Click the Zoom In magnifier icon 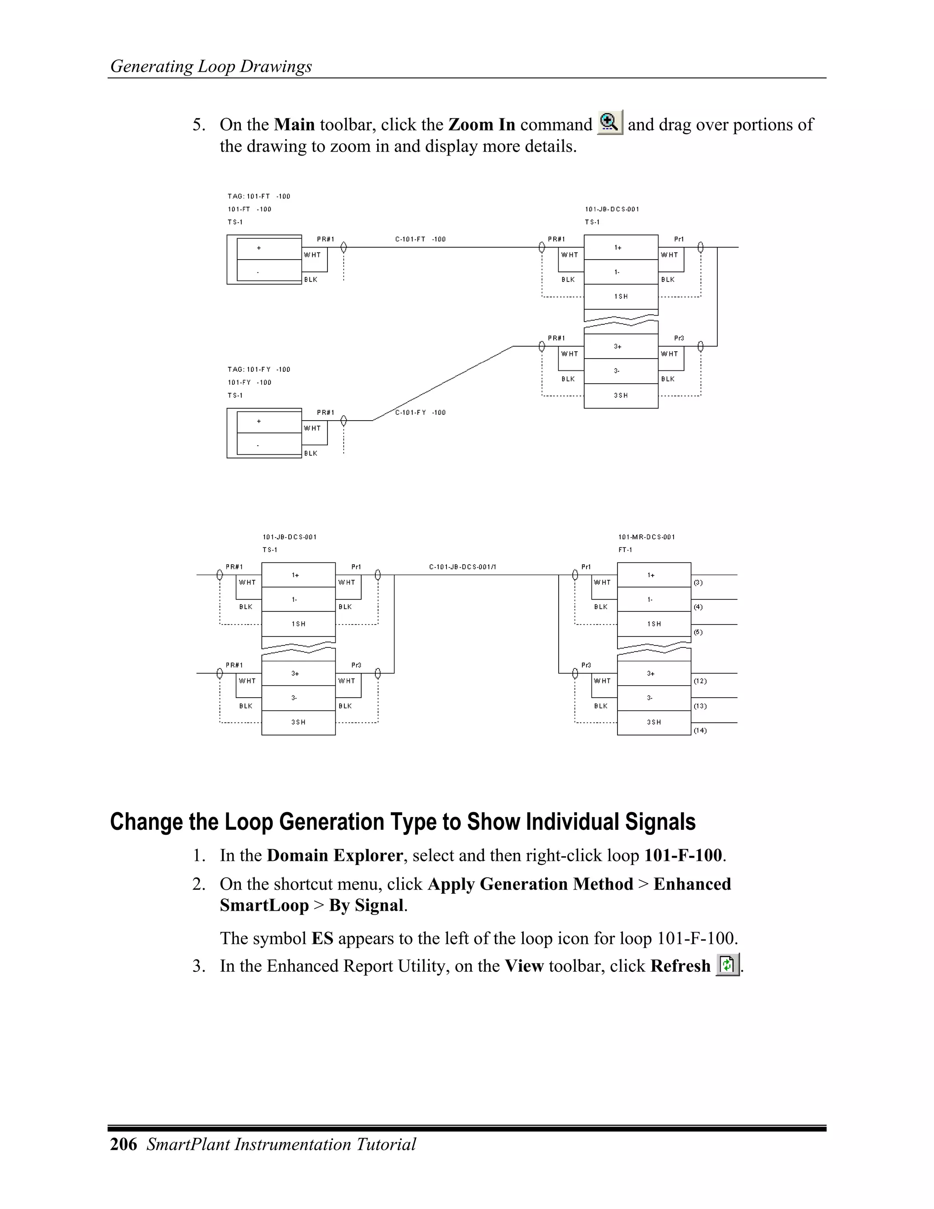pos(610,122)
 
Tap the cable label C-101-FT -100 pos(420,239)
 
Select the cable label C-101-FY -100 pos(420,412)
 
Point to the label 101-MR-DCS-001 pos(646,537)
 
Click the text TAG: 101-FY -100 pos(259,369)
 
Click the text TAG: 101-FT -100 pos(259,196)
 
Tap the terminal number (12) pos(700,681)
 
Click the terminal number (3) pos(698,582)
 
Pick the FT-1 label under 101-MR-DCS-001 pos(625,550)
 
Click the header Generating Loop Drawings pos(211,67)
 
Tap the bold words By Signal pos(366,905)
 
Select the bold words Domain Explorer pos(335,855)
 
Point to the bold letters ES pos(322,938)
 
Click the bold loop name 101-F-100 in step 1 pos(683,855)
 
